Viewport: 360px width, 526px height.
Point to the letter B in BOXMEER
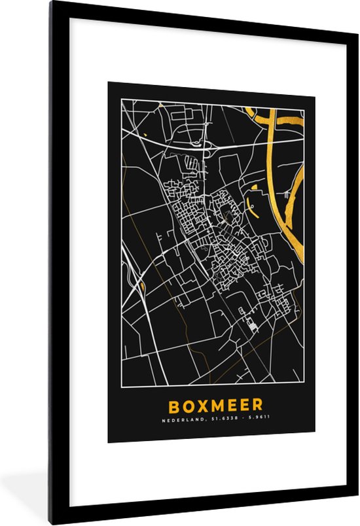[x=173, y=406]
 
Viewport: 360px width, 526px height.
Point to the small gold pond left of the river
[x=254, y=188]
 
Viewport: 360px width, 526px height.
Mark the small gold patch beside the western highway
[x=141, y=286]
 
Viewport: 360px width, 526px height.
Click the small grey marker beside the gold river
[x=287, y=194]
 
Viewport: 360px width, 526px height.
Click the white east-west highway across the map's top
[x=170, y=143]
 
